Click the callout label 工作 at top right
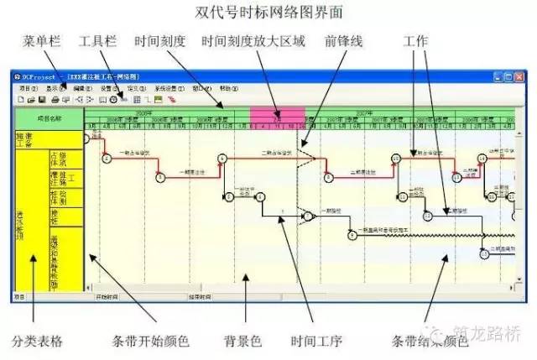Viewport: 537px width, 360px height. click(415, 41)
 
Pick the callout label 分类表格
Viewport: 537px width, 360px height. click(37, 342)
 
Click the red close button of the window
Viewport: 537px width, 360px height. click(519, 76)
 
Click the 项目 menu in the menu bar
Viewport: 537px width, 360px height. click(28, 88)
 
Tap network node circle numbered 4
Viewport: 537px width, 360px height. click(222, 158)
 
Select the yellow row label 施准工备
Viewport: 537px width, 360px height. click(23, 139)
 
